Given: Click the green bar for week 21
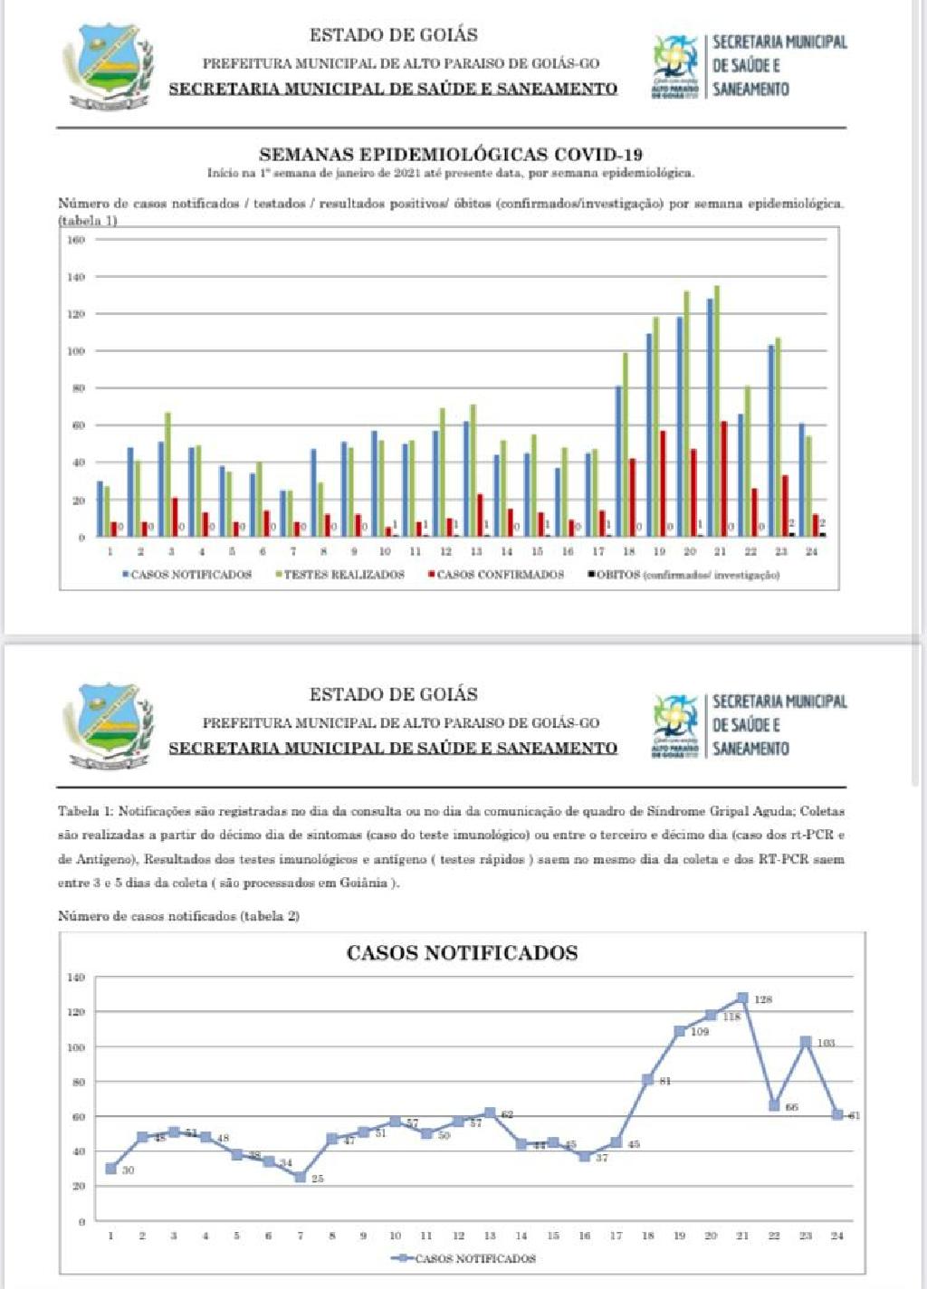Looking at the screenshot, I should point(717,411).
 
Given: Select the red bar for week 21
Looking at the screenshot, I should point(723,479).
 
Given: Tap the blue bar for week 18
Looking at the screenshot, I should point(618,461).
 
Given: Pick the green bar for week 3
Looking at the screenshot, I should point(167,474).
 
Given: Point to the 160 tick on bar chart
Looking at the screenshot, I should point(76,240).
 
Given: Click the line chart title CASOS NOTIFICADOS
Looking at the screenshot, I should point(462,952).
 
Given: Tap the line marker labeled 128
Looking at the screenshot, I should point(742,998).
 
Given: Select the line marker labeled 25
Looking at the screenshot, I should point(300,1177).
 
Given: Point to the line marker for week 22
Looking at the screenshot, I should point(774,1105).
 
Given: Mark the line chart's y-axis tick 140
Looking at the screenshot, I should point(76,978).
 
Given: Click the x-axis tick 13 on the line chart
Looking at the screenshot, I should point(490,1236).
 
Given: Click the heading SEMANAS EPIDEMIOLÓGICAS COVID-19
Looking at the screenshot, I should point(451,155).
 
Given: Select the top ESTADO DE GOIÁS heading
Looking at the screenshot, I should point(393,35).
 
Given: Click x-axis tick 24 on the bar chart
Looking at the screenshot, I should point(811,551).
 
